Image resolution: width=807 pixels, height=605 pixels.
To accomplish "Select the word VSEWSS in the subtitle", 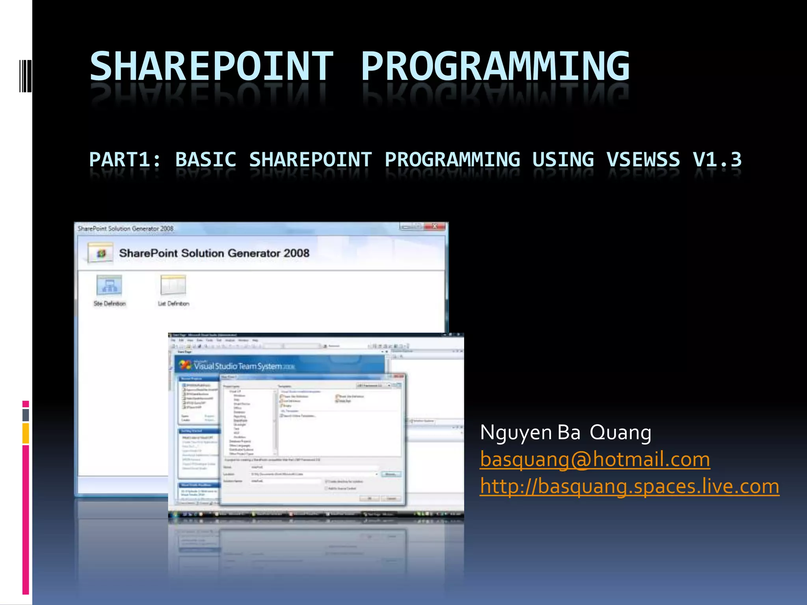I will pyautogui.click(x=643, y=160).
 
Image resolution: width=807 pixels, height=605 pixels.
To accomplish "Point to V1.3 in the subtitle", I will pyautogui.click(x=717, y=160).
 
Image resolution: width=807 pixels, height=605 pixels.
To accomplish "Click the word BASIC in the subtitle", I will pyautogui.click(x=206, y=160).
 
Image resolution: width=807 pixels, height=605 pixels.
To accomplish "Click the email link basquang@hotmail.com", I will pyautogui.click(x=595, y=459).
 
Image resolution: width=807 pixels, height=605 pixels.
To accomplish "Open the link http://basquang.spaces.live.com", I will pyautogui.click(x=629, y=486).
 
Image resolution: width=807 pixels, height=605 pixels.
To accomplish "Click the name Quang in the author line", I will pyautogui.click(x=620, y=432).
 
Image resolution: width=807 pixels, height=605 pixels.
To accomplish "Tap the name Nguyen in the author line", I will pyautogui.click(x=516, y=432).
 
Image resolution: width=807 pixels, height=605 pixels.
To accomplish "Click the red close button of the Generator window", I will pyautogui.click(x=435, y=226).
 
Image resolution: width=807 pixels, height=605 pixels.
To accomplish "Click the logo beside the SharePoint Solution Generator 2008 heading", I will pyautogui.click(x=101, y=253).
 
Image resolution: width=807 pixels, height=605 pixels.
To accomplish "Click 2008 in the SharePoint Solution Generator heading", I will pyautogui.click(x=296, y=253).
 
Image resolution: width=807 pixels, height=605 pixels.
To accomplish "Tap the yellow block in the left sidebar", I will pyautogui.click(x=26, y=433).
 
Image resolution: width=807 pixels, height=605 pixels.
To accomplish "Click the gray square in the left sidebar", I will pyautogui.click(x=26, y=414).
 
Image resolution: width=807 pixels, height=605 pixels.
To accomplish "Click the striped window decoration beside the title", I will pyautogui.click(x=26, y=76).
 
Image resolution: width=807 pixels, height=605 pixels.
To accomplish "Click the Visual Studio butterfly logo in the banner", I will pyautogui.click(x=185, y=365).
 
